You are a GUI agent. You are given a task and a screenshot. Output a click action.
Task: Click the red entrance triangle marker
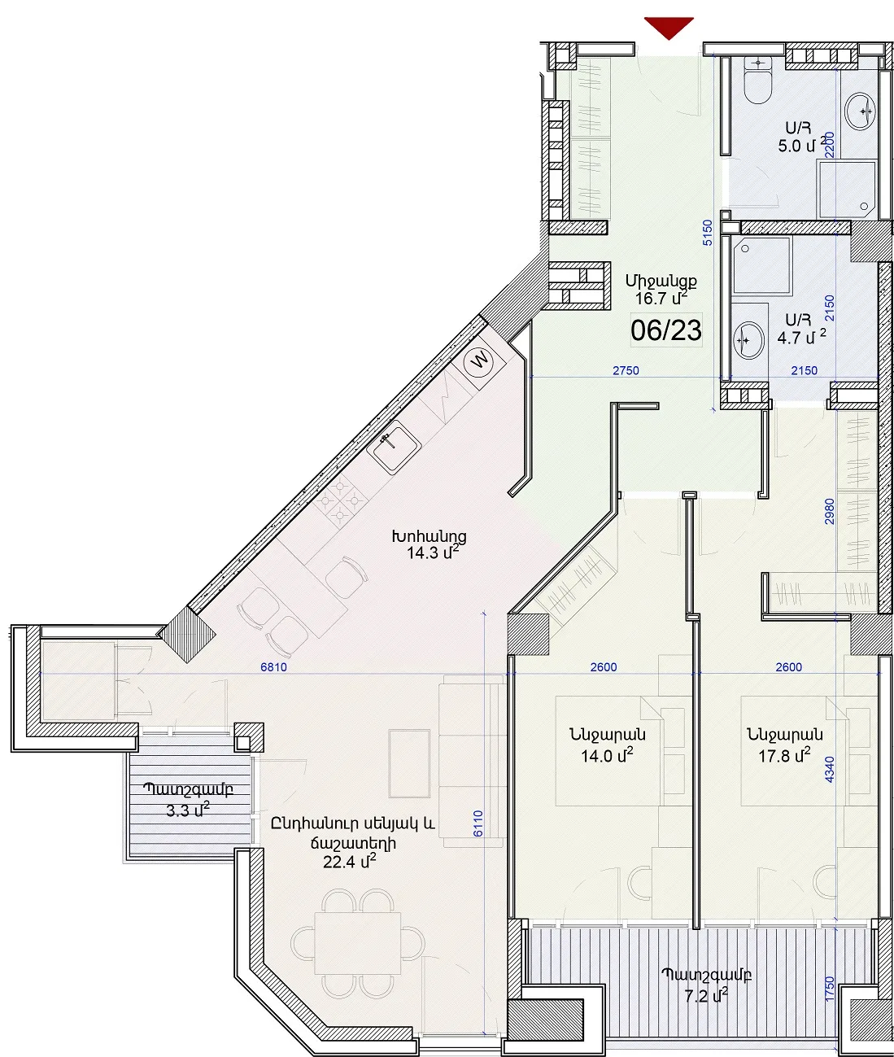tap(669, 28)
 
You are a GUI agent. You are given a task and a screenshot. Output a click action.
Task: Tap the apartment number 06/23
tap(665, 330)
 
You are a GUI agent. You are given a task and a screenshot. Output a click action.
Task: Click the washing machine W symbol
tap(479, 361)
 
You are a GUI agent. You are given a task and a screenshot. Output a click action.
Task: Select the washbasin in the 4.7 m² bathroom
tap(748, 340)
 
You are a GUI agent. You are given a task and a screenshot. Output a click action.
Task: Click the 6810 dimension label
tap(273, 666)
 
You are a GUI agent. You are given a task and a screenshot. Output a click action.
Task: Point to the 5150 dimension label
tap(707, 233)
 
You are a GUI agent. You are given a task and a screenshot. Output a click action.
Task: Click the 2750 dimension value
tap(626, 370)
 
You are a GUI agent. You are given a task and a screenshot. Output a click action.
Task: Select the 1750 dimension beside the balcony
tap(830, 989)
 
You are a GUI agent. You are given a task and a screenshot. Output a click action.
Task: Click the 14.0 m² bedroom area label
tap(607, 755)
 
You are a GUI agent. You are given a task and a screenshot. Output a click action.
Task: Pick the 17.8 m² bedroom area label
tap(784, 755)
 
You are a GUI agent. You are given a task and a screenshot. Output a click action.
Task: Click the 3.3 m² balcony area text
tap(188, 810)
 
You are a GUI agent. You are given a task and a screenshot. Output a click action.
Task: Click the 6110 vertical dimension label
tap(478, 823)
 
